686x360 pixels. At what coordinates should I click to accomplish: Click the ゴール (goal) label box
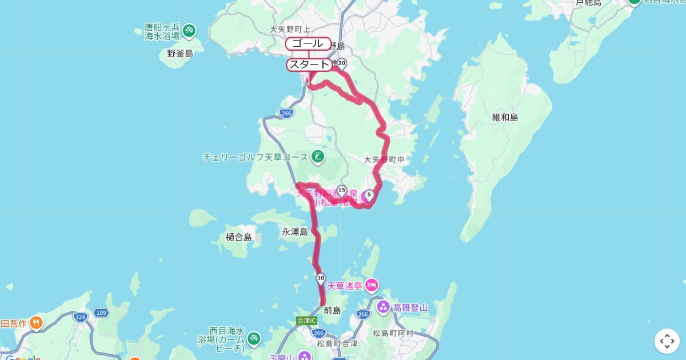point(308,44)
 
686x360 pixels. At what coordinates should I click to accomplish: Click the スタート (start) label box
point(309,65)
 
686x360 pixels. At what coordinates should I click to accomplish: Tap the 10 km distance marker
point(321,278)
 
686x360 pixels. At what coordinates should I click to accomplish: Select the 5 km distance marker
point(369,195)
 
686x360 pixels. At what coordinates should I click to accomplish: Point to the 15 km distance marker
point(342,190)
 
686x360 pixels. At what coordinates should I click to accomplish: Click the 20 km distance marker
point(342,63)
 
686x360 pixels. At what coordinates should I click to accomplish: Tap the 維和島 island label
point(505,117)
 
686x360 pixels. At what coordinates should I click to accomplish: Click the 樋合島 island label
point(238,237)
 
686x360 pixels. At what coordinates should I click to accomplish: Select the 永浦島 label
point(294,231)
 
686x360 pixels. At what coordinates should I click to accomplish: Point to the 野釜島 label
point(180,54)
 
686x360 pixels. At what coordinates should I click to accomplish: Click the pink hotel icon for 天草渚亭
point(372,284)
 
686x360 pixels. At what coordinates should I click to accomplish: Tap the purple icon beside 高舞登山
point(383,307)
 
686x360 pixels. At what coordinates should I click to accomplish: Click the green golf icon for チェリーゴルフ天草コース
point(318,156)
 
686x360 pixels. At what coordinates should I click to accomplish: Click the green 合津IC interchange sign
point(307,321)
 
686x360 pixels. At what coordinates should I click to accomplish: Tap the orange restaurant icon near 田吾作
point(36,323)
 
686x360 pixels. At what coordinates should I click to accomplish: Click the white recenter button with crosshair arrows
point(667,341)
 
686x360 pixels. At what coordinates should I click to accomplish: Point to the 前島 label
point(332,311)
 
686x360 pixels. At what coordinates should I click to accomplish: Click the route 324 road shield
point(79,315)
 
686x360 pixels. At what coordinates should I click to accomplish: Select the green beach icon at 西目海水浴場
point(253,339)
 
